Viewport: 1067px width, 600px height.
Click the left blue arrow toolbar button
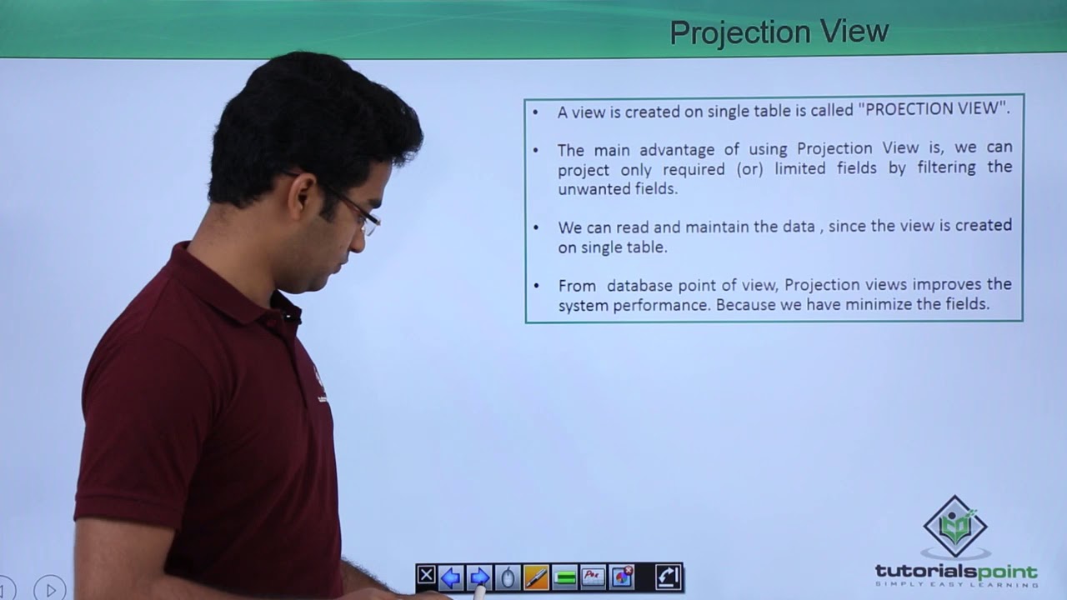(451, 577)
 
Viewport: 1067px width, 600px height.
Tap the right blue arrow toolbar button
(479, 577)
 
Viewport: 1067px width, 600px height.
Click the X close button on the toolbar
(426, 576)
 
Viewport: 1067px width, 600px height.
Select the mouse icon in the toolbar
(508, 577)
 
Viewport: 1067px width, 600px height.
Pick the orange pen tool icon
(536, 577)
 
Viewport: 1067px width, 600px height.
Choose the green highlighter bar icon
(565, 577)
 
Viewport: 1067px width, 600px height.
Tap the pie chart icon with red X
(622, 577)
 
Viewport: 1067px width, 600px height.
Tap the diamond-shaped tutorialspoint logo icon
(955, 527)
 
